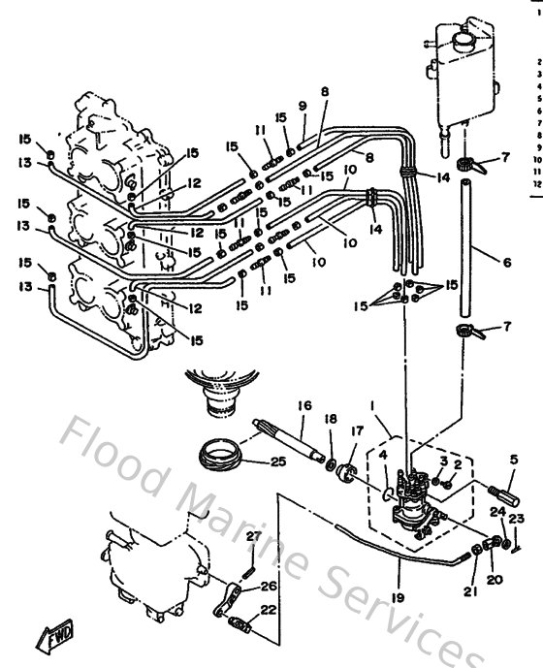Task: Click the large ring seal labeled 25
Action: (222, 452)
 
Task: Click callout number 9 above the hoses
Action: (303, 105)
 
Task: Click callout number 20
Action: (495, 580)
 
